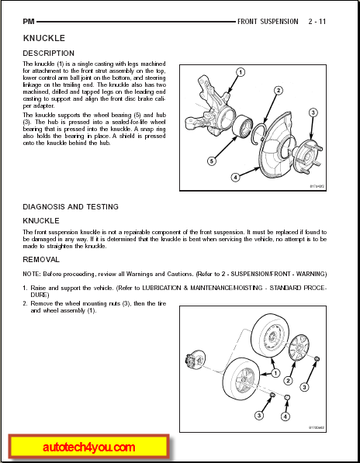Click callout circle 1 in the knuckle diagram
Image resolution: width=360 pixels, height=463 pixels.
[x=241, y=72]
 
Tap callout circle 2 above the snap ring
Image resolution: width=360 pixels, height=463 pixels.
[x=279, y=91]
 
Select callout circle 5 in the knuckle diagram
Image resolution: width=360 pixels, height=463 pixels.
[x=212, y=161]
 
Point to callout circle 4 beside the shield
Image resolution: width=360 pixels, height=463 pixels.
[x=235, y=177]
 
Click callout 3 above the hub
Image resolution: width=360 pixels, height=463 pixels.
[x=313, y=112]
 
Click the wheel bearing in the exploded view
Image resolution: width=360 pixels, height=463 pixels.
[x=242, y=126]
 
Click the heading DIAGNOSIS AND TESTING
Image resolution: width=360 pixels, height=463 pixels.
[x=71, y=207]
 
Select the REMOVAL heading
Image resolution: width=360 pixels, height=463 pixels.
[x=41, y=260]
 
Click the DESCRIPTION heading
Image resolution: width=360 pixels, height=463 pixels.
[x=49, y=54]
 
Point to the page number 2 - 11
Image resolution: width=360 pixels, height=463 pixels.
[x=317, y=22]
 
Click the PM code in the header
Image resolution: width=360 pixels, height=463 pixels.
[x=29, y=22]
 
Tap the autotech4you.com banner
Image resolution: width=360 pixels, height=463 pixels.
[x=89, y=447]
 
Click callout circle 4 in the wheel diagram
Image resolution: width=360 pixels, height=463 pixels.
[x=285, y=416]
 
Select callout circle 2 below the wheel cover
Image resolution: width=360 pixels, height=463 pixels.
[x=289, y=381]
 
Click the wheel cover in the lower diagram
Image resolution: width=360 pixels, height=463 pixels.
[x=299, y=347]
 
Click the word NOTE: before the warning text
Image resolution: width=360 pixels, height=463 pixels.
[x=32, y=274]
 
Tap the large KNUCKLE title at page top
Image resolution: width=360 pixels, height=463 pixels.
[x=44, y=38]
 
